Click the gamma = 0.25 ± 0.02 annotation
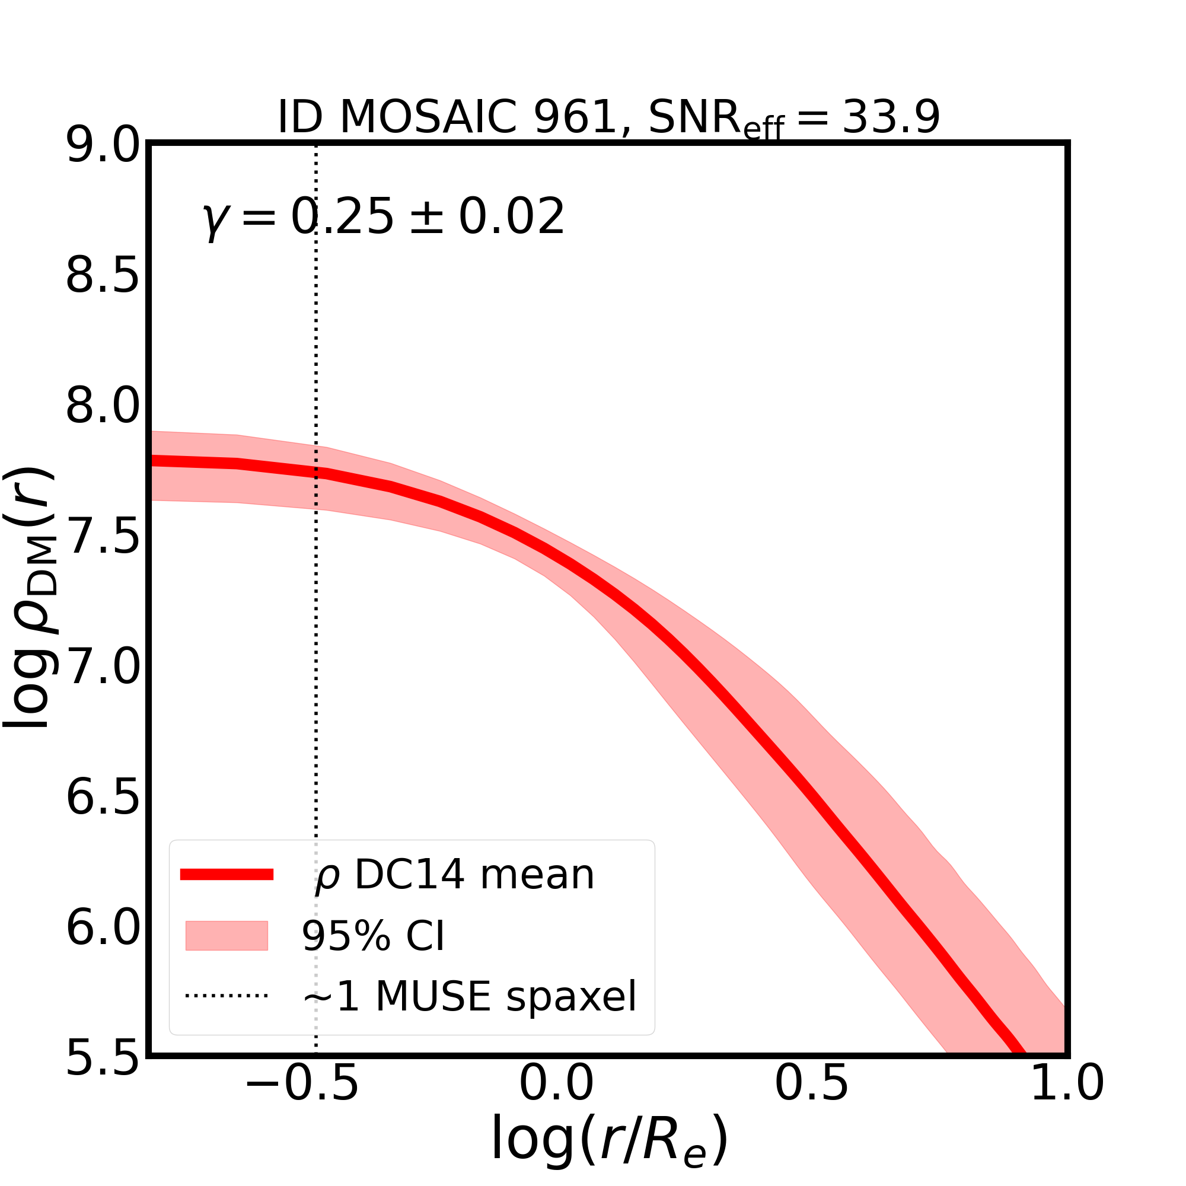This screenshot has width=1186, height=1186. [383, 218]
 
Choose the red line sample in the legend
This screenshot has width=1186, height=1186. [227, 875]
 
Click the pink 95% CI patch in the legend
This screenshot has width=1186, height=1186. [227, 936]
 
